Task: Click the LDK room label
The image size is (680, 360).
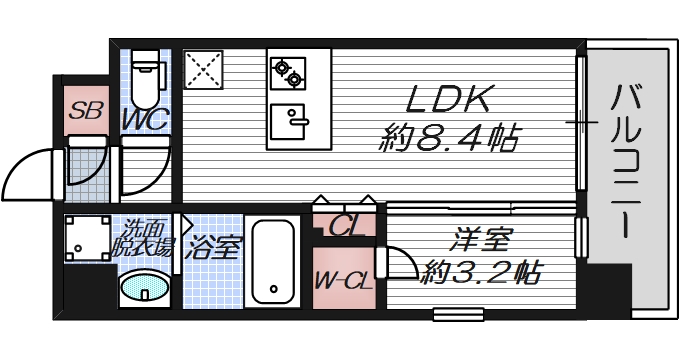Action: [448, 100]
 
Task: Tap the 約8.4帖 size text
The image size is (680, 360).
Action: [448, 139]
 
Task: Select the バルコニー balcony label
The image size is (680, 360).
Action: [628, 160]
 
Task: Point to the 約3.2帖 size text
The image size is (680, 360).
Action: [482, 270]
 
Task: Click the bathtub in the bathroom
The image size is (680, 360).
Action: [271, 262]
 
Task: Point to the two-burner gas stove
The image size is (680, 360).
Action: [288, 71]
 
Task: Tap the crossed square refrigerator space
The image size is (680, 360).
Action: [206, 70]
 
